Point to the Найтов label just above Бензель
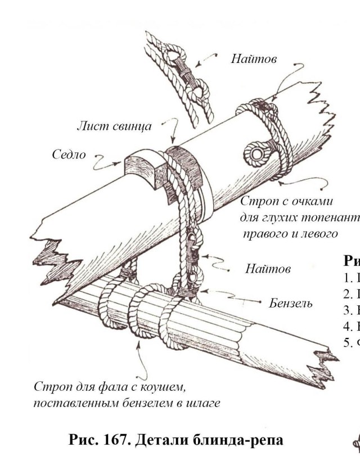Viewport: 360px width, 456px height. [x=268, y=269]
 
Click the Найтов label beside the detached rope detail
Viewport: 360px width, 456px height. [x=254, y=58]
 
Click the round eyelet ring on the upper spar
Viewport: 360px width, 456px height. [x=256, y=152]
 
